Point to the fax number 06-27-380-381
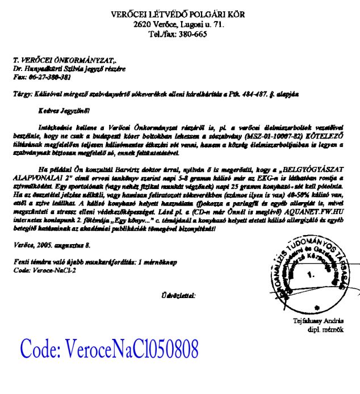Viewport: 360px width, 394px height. pos(51,77)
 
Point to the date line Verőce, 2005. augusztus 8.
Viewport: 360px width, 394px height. pos(51,245)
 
